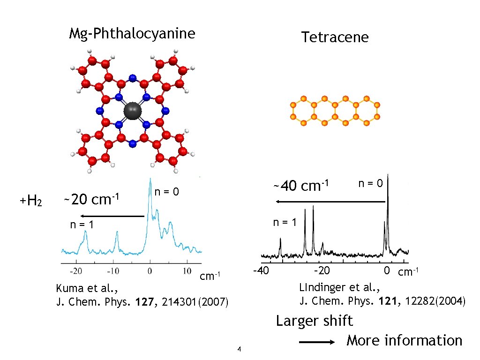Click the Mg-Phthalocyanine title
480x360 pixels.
[x=132, y=34]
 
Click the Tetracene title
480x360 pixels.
[x=335, y=37]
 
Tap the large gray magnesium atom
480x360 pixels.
[x=133, y=111]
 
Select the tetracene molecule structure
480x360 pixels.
[x=335, y=111]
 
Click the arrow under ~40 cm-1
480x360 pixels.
[x=330, y=202]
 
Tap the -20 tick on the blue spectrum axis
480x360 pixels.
[x=75, y=271]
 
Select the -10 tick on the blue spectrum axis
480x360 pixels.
[x=112, y=271]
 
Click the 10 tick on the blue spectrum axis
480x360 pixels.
[x=187, y=271]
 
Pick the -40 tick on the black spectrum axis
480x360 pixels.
[x=260, y=270]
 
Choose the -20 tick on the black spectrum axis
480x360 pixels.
[x=321, y=270]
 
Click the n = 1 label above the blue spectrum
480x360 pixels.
[x=82, y=225]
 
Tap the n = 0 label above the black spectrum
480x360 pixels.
[x=371, y=183]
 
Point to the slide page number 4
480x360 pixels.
[x=239, y=349]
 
